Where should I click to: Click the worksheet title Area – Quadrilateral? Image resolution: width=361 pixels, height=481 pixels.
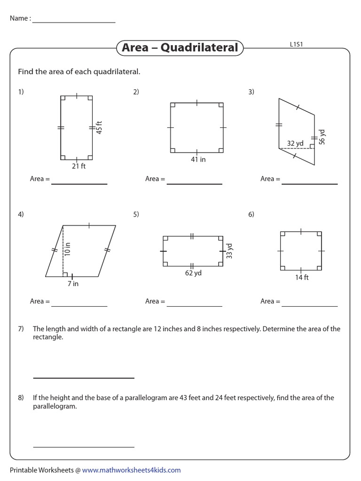pos(180,48)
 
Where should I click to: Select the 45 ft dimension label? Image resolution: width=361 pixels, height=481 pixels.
pos(99,128)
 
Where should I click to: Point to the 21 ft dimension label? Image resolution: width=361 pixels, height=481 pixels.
pos(79,166)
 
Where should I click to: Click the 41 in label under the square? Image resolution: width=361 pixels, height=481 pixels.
pos(197,160)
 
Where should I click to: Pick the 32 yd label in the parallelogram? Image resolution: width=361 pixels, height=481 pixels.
pos(295,143)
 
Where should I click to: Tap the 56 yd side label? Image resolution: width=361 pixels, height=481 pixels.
pos(322,137)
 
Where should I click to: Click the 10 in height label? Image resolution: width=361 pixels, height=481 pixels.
pos(67,249)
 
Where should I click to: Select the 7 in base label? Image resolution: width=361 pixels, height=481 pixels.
pos(73,284)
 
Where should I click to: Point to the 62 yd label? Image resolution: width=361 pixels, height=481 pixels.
pos(193,273)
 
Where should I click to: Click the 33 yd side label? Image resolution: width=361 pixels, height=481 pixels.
pos(229,251)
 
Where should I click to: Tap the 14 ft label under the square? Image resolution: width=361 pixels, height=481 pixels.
pos(302,277)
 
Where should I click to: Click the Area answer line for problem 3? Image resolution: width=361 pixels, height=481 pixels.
pos(309,184)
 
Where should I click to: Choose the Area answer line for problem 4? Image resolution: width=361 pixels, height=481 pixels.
pos(79,306)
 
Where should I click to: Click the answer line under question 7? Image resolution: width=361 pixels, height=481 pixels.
pos(84,378)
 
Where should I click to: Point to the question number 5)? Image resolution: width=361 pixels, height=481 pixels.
pos(136,214)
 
